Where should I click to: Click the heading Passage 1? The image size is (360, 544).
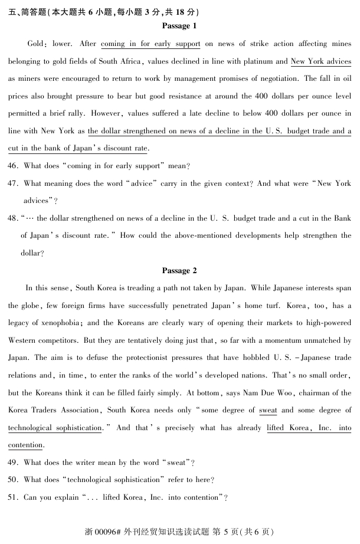coord(179,26)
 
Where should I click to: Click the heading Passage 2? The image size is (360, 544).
coord(179,271)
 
